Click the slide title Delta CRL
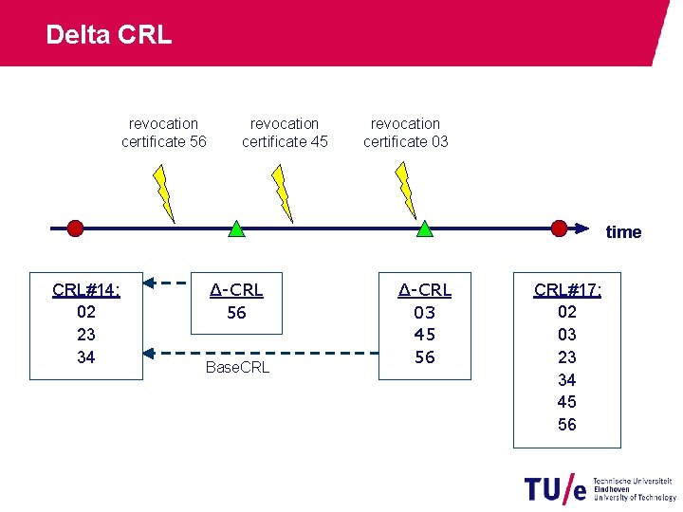click(108, 35)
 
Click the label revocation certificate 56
click(163, 133)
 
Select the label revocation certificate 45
click(285, 133)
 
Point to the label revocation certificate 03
click(405, 133)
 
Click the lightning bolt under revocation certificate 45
click(280, 192)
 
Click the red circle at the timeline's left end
click(75, 228)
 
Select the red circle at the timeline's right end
click(560, 228)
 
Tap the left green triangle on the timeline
click(236, 229)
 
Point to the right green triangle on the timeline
click(425, 229)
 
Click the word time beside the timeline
click(623, 232)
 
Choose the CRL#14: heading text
click(85, 289)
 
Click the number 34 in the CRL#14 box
click(85, 357)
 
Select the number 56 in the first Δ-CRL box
click(236, 312)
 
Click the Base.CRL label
click(237, 367)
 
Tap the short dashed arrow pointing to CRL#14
click(168, 282)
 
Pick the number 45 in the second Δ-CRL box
click(425, 335)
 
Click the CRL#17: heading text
click(567, 289)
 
